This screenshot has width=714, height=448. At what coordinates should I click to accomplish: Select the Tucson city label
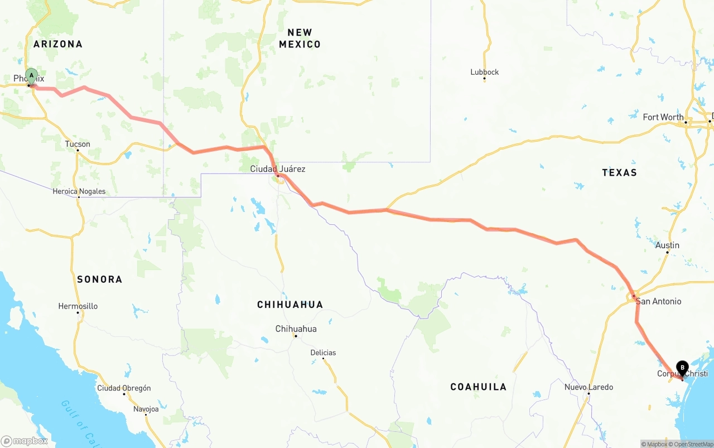click(x=78, y=144)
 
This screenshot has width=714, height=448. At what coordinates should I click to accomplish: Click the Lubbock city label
click(x=484, y=72)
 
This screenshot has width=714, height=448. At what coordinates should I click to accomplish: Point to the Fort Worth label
click(x=663, y=117)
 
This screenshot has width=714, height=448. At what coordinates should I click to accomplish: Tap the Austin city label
click(x=667, y=245)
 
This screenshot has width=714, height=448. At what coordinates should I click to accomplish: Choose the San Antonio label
click(x=658, y=301)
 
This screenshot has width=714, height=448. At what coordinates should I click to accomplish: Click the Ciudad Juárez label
click(x=277, y=168)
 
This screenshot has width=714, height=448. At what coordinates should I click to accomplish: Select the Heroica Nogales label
click(x=79, y=191)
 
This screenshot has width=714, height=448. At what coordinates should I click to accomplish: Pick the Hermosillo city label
click(x=78, y=306)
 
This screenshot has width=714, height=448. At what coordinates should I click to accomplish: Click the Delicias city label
click(x=323, y=353)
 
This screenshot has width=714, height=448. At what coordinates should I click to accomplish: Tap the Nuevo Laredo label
click(x=588, y=387)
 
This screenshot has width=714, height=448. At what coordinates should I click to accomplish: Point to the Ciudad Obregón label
click(x=124, y=388)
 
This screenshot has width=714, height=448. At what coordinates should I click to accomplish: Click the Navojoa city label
click(x=146, y=409)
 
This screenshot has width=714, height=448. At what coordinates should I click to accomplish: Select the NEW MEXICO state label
click(x=300, y=38)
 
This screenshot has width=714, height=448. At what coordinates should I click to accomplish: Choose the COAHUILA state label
click(x=478, y=387)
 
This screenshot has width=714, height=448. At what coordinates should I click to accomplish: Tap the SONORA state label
click(x=99, y=279)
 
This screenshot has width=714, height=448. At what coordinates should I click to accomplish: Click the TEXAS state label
click(x=619, y=172)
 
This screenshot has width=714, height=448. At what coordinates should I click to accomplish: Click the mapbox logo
click(x=25, y=441)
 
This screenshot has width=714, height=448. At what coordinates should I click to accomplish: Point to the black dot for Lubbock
click(x=484, y=79)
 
